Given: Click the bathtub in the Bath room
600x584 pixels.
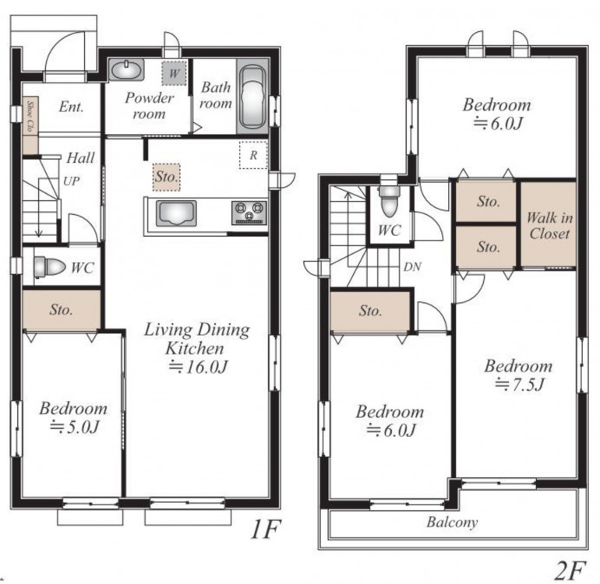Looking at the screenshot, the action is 252,97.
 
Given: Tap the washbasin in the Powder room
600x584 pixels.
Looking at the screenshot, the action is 126,70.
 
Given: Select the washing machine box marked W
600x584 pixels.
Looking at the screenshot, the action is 174,72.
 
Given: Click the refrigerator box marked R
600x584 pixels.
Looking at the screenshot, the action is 253,155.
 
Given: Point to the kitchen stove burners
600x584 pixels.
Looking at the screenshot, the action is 249,213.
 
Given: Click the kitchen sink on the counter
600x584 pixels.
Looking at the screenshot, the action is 176,213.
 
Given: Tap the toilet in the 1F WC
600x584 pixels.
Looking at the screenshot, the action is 50,266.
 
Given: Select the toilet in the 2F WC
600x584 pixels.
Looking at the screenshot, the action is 389,202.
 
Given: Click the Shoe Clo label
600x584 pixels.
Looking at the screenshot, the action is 30,116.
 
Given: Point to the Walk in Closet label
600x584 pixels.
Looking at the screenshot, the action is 549,226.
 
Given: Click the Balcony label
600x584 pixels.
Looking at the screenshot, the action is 452,522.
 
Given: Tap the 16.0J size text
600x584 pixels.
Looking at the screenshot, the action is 198,367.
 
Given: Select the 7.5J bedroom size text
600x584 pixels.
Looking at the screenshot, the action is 519,384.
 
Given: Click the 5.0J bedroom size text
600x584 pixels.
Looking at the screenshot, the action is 74,427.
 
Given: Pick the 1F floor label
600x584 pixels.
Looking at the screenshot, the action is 266,529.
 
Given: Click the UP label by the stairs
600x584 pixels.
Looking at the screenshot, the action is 72,181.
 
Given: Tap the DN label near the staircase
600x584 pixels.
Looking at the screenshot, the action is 412,267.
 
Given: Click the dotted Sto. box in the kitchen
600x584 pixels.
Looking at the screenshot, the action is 167,177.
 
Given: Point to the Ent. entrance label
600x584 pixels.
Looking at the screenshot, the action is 71,107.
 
